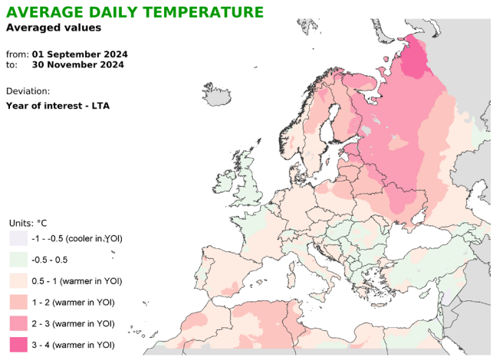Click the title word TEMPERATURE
click(x=199, y=12)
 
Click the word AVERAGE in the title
click(x=38, y=12)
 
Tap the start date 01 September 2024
click(x=79, y=54)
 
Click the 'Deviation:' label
click(x=28, y=90)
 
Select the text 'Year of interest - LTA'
click(x=58, y=105)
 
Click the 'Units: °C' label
click(x=28, y=223)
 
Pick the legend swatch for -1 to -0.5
click(x=18, y=238)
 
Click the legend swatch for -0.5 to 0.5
click(x=18, y=260)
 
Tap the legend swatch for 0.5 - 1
click(x=18, y=280)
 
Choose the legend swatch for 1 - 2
click(x=18, y=302)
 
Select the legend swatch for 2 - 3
click(x=18, y=323)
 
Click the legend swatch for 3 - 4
click(x=18, y=345)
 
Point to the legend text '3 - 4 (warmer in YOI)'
click(x=74, y=345)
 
